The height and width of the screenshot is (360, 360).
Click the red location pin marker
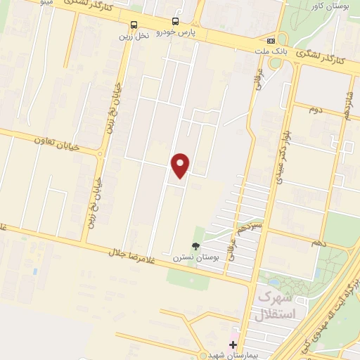coord(181,165)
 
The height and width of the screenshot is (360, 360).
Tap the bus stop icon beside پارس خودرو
coord(175,22)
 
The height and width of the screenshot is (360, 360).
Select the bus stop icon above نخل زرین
coord(134,25)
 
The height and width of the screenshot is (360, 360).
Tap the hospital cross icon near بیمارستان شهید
coord(233,345)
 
